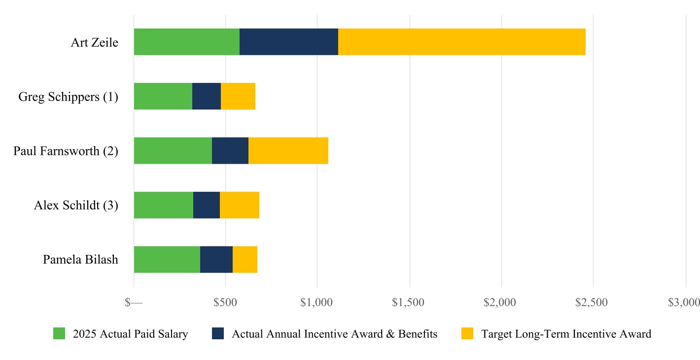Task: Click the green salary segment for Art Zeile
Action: click(187, 42)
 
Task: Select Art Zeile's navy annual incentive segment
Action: click(289, 42)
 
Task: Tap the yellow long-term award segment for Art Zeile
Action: click(462, 42)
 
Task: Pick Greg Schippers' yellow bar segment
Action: click(238, 96)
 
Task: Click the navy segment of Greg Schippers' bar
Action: click(207, 96)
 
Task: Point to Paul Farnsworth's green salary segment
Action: click(173, 150)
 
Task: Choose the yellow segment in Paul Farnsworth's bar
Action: click(288, 150)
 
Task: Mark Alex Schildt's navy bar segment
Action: click(207, 205)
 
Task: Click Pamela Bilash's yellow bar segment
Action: click(245, 259)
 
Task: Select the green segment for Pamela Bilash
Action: click(167, 259)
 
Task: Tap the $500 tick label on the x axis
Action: click(225, 302)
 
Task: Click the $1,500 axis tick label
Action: click(408, 302)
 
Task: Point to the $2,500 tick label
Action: click(592, 302)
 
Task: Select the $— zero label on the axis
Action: click(134, 302)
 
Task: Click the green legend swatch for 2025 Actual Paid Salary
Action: click(59, 333)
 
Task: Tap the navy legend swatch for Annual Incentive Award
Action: click(218, 333)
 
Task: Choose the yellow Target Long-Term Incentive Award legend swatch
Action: click(467, 333)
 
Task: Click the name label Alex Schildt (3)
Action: click(76, 205)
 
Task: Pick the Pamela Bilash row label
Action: click(81, 259)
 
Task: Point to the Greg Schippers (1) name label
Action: click(69, 97)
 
